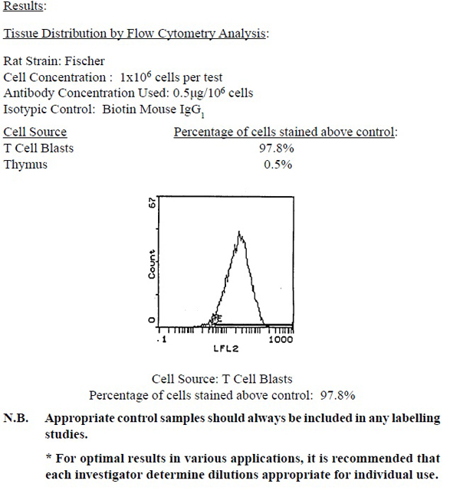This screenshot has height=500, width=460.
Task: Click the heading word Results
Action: pyautogui.click(x=24, y=7)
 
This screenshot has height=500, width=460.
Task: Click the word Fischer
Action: pyautogui.click(x=87, y=61)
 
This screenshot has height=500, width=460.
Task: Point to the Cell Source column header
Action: pyautogui.click(x=35, y=132)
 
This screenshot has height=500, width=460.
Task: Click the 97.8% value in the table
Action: pyautogui.click(x=277, y=149)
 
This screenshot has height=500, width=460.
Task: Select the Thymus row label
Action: pyautogui.click(x=25, y=165)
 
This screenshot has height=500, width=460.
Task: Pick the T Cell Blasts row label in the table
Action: pyautogui.click(x=39, y=149)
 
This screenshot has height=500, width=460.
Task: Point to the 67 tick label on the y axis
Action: pyautogui.click(x=152, y=203)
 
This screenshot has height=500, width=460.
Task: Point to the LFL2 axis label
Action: pyautogui.click(x=222, y=349)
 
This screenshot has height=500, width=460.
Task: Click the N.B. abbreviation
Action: pyautogui.click(x=18, y=419)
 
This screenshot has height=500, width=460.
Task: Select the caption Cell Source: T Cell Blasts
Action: pyautogui.click(x=222, y=379)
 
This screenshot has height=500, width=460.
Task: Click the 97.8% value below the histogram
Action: pyautogui.click(x=337, y=395)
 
